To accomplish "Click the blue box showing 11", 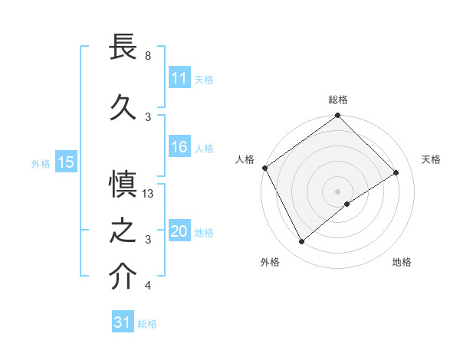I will tap(179, 78).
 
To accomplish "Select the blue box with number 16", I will tap(179, 148).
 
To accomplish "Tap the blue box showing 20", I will tap(179, 232).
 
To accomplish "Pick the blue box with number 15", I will tap(66, 162).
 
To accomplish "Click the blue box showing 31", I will tap(123, 322).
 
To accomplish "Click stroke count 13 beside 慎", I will tap(148, 194).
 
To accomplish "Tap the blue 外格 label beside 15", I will tap(41, 163).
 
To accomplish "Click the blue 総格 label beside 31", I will tap(147, 324).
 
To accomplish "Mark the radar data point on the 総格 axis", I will tap(337, 116).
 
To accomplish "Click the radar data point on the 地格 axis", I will tap(347, 204).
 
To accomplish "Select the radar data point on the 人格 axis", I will tap(264, 168).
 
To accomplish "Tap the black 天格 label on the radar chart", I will tap(431, 159).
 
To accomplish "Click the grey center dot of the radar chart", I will tap(337, 190).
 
